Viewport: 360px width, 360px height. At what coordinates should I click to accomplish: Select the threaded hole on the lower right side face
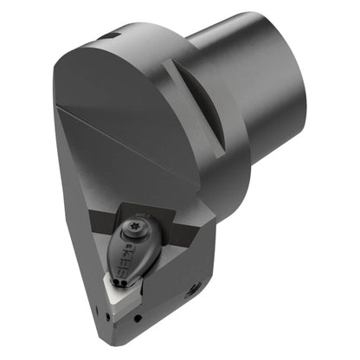point(192,294)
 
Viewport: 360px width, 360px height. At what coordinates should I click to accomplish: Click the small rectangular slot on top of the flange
point(111,36)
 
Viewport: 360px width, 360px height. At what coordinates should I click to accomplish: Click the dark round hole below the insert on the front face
point(138,318)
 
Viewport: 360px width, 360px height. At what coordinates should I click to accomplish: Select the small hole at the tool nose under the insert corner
point(108,317)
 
